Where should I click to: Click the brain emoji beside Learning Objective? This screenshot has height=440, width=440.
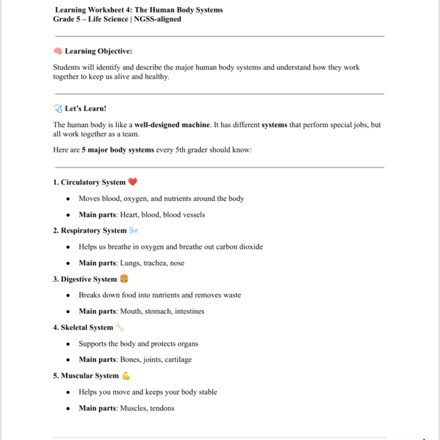58,51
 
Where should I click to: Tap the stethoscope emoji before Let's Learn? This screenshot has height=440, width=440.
58,108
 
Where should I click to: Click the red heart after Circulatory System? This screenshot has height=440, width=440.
133,182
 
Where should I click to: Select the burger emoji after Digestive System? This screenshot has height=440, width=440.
124,279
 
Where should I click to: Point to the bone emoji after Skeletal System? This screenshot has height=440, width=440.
120,327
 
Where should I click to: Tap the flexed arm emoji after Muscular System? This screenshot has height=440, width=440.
126,376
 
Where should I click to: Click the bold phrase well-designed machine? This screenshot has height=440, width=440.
172,124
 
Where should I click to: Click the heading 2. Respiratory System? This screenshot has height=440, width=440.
89,230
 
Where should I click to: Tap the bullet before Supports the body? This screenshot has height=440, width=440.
68,344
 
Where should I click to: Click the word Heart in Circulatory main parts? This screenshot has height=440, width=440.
129,214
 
